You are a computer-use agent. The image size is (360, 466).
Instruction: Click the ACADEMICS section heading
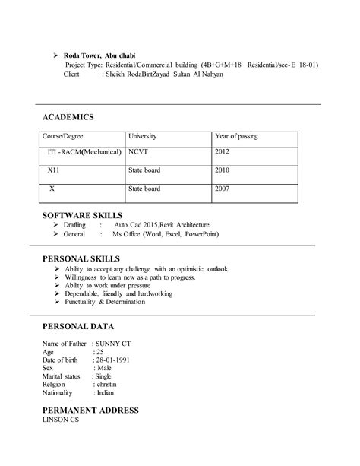pos(68,117)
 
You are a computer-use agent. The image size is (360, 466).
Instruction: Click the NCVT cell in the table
pos(137,152)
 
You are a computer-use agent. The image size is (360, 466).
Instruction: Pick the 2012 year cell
pos(223,152)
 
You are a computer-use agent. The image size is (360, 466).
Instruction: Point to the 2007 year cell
pos(223,188)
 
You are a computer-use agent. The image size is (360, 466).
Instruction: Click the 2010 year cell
pos(223,170)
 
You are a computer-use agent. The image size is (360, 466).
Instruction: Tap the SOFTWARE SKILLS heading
pos(82,216)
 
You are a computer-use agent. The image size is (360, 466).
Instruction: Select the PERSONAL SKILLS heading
pos(81,259)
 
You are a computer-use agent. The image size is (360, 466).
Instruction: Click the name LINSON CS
pos(60,420)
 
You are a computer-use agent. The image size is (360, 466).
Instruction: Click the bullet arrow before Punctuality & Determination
pos(57,303)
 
